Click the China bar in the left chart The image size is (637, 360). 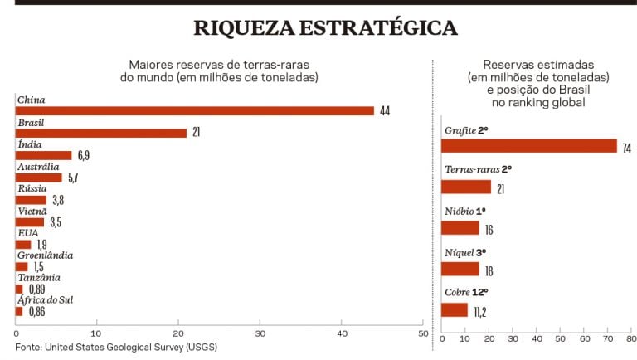pyautogui.click(x=195, y=110)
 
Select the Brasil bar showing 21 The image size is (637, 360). pyautogui.click(x=100, y=133)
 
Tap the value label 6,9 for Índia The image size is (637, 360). pyautogui.click(x=84, y=155)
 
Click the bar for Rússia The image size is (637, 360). pyautogui.click(x=31, y=200)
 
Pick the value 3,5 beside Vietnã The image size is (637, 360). pyautogui.click(x=56, y=222)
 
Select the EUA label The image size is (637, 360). pyautogui.click(x=27, y=234)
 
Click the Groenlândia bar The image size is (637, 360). pyautogui.click(x=22, y=267)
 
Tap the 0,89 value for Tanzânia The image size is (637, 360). pyautogui.click(x=36, y=289)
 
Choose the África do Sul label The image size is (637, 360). pyautogui.click(x=45, y=300)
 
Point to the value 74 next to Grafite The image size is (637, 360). pyautogui.click(x=627, y=148)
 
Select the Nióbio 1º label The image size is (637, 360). pyautogui.click(x=465, y=209)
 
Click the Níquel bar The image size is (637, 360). pyautogui.click(x=460, y=269)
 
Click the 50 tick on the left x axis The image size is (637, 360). pyautogui.click(x=422, y=333)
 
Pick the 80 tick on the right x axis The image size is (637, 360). pyautogui.click(x=632, y=339)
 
